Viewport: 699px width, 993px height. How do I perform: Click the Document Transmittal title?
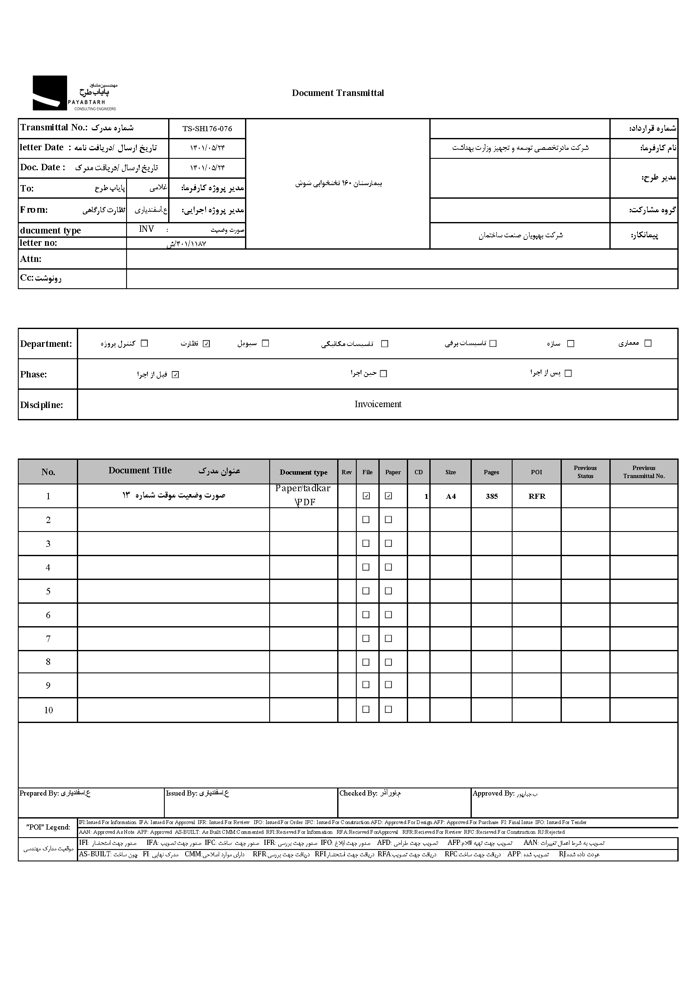pyautogui.click(x=337, y=93)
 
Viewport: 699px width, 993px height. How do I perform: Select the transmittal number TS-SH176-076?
pyautogui.click(x=207, y=129)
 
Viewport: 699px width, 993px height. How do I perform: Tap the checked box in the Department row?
pyautogui.click(x=206, y=344)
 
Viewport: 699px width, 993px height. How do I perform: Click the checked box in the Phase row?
pyautogui.click(x=175, y=374)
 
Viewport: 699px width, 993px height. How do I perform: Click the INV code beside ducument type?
pyautogui.click(x=146, y=229)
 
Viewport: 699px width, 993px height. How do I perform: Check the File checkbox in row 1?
pyautogui.click(x=366, y=496)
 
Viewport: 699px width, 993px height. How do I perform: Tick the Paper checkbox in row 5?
pyautogui.click(x=389, y=591)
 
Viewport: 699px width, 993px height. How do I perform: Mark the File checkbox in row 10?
pyautogui.click(x=366, y=709)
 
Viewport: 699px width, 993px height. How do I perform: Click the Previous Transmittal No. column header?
pyautogui.click(x=644, y=472)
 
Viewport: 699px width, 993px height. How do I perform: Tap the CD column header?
pyautogui.click(x=418, y=472)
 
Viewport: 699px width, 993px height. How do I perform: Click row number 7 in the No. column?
pyautogui.click(x=48, y=639)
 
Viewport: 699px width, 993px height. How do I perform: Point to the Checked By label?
pyautogui.click(x=358, y=793)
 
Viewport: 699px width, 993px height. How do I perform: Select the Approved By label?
pyautogui.click(x=493, y=793)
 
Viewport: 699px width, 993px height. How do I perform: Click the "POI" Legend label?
pyautogui.click(x=48, y=827)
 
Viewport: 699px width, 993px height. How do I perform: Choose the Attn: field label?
pyautogui.click(x=31, y=259)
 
